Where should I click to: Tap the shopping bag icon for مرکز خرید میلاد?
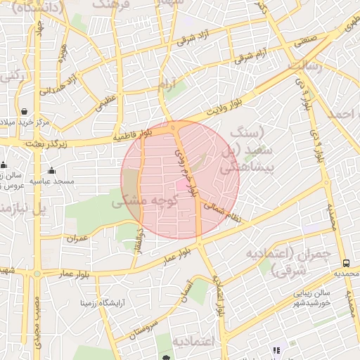[x=25, y=112]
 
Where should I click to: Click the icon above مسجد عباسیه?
[x=51, y=170]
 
